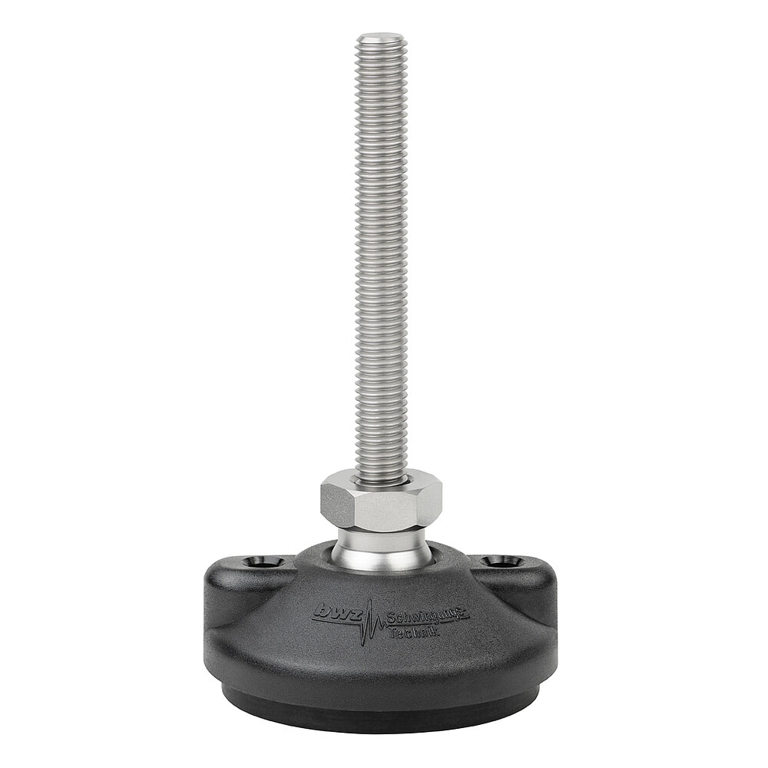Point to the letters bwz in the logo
point(336,611)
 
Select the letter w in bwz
point(336,612)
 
